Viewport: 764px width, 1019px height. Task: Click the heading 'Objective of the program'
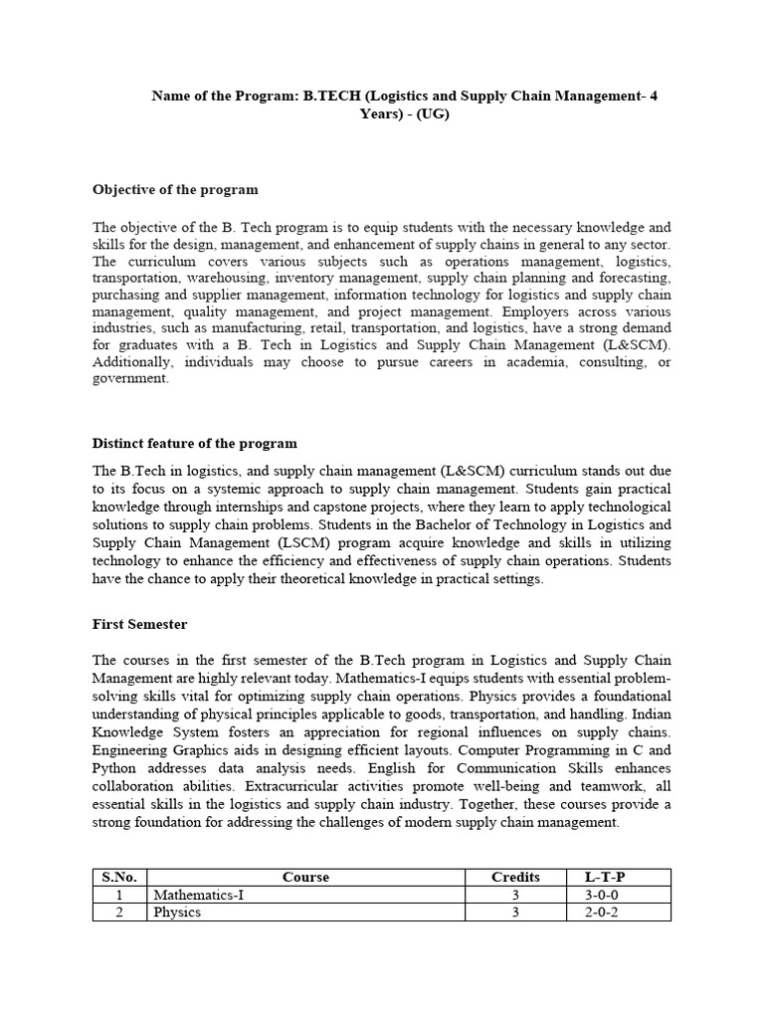[175, 189]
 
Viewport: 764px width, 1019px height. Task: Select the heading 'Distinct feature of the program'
[195, 443]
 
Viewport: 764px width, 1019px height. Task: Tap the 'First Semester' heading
[139, 624]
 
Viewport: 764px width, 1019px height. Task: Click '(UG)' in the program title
[433, 114]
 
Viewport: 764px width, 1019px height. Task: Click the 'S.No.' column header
[118, 877]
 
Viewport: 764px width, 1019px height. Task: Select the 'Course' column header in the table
[305, 877]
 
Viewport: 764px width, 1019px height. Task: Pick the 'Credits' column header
[516, 877]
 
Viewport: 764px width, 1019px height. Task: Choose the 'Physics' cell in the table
[176, 913]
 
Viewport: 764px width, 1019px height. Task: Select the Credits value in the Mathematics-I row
[516, 895]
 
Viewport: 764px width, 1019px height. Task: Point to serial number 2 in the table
[118, 913]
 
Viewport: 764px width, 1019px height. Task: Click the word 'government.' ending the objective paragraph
[130, 379]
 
